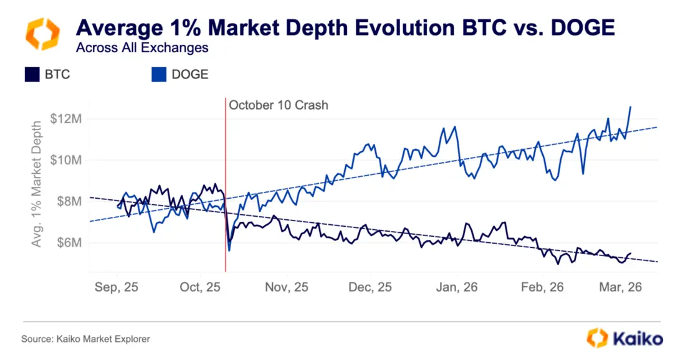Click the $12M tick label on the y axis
click(67, 119)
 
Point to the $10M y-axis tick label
click(67, 160)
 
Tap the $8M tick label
click(69, 201)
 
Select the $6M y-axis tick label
click(69, 242)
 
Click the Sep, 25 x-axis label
click(117, 288)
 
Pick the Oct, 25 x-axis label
click(200, 288)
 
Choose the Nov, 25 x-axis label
click(287, 288)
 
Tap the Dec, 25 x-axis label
click(371, 288)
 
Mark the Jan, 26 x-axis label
click(457, 288)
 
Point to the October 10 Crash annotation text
click(278, 105)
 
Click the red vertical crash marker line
click(226, 187)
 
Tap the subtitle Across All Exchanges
click(142, 47)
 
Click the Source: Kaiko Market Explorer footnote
click(85, 339)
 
